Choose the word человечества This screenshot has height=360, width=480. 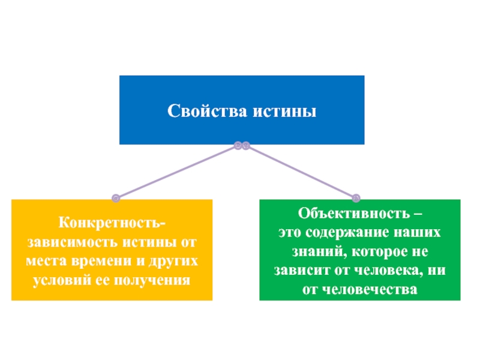click(x=371, y=287)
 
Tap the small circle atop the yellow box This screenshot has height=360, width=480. click(x=116, y=197)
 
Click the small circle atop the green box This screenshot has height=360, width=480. click(x=355, y=197)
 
